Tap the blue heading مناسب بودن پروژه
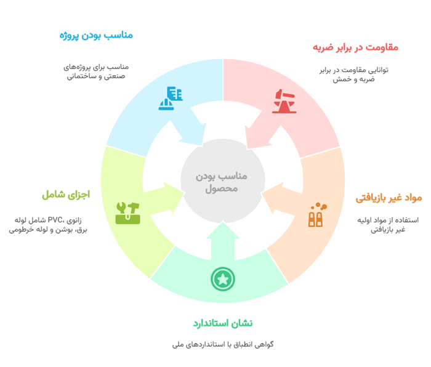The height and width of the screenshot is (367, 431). (95, 35)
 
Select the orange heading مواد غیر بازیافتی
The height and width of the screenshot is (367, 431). (389, 198)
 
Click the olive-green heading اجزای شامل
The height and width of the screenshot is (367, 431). (66, 195)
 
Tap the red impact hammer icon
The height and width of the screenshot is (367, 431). (284, 101)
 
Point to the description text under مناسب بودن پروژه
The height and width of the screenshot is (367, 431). (95, 71)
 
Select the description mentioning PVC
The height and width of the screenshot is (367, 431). (49, 224)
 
